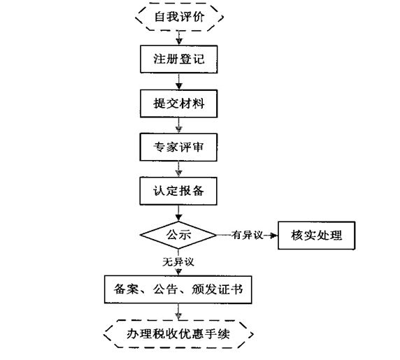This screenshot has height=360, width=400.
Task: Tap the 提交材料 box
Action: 179,104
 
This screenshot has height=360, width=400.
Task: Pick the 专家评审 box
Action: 179,147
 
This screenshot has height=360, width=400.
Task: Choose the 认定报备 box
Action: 179,191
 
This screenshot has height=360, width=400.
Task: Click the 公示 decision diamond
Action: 178,235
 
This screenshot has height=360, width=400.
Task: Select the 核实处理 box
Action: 317,235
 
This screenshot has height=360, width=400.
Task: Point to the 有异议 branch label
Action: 247,236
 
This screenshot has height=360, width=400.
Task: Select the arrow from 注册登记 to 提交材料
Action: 179,81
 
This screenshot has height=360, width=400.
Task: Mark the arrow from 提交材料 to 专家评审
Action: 179,126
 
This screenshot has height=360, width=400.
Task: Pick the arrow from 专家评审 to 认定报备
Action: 179,169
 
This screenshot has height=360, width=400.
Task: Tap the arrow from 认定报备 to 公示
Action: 179,213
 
